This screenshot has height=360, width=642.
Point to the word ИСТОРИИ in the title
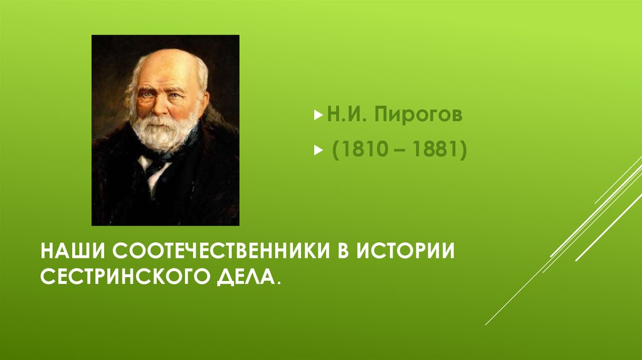click(x=406, y=250)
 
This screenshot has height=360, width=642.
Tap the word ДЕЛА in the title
click(x=248, y=276)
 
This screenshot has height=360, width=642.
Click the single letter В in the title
click(x=341, y=250)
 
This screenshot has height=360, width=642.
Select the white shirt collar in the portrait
click(x=150, y=166)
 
